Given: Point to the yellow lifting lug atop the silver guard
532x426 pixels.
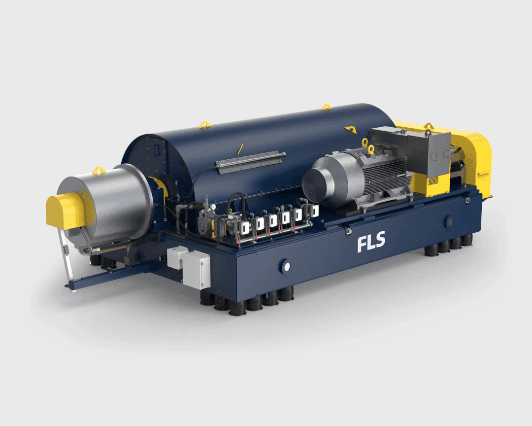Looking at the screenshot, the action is click(99, 170).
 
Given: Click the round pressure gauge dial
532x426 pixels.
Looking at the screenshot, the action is click(213, 207).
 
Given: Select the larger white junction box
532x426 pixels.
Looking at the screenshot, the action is click(196, 270).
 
